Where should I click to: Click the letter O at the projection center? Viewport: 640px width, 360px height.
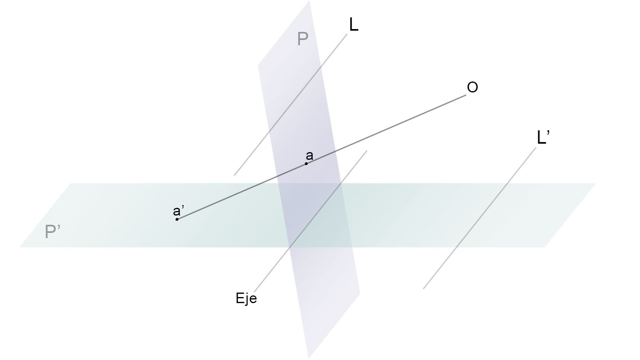click(472, 87)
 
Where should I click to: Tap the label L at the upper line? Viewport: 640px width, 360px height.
click(354, 25)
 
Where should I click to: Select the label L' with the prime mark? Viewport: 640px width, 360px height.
click(543, 138)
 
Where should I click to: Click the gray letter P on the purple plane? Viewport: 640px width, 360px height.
click(302, 38)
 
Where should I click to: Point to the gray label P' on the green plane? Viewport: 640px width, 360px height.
click(52, 232)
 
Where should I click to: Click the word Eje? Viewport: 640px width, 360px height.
click(246, 299)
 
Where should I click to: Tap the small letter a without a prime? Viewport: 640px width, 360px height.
click(309, 156)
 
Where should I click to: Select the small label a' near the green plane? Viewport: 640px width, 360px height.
click(177, 211)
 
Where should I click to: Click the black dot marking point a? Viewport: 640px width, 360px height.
click(306, 163)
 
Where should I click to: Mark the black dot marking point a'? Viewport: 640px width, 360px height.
click(177, 219)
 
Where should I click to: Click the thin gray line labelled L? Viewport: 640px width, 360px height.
click(291, 105)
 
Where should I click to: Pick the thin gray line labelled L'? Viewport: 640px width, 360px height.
click(480, 218)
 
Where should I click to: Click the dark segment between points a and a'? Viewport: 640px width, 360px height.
click(241, 192)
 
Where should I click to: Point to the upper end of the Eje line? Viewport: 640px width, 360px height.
click(367, 151)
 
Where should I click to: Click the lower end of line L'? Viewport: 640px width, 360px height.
click(424, 289)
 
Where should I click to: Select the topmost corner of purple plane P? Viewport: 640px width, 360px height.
click(309, 1)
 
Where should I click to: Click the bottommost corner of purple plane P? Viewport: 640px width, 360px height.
click(308, 358)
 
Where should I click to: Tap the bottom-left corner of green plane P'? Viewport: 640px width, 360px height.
click(20, 247)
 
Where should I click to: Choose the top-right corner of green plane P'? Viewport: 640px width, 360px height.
click(596, 183)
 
